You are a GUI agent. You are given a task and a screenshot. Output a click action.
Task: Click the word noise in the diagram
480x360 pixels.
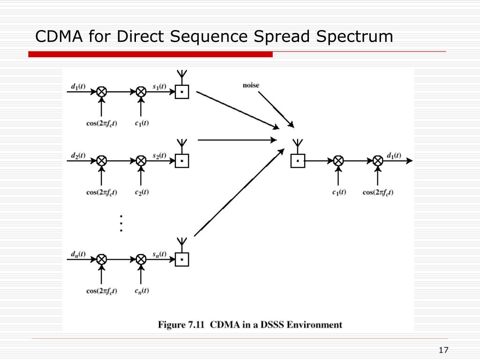pyautogui.click(x=251, y=85)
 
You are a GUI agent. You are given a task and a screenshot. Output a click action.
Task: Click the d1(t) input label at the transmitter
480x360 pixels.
pyautogui.click(x=78, y=87)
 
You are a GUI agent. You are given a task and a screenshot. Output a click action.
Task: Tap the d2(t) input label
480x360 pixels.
pyautogui.click(x=78, y=156)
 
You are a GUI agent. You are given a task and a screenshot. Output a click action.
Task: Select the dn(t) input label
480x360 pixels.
pyautogui.click(x=78, y=254)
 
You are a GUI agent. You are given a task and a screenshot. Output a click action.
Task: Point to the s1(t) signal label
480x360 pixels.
pyautogui.click(x=159, y=86)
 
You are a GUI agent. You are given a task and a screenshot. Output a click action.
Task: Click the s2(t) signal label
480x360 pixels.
pyautogui.click(x=159, y=156)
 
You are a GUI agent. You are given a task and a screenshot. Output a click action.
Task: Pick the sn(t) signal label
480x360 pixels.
pyautogui.click(x=159, y=254)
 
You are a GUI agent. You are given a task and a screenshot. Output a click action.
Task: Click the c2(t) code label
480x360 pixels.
pyautogui.click(x=142, y=192)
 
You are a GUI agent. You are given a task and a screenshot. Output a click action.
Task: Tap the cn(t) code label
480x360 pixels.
pyautogui.click(x=142, y=291)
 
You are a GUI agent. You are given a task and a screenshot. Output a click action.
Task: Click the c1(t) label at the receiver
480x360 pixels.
pyautogui.click(x=339, y=192)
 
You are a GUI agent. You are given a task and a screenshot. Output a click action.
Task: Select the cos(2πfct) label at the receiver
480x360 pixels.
pyautogui.click(x=378, y=192)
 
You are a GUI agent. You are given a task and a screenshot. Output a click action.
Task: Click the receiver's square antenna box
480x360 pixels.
pyautogui.click(x=298, y=161)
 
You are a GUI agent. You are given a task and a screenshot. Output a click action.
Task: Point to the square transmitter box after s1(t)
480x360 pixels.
pyautogui.click(x=182, y=92)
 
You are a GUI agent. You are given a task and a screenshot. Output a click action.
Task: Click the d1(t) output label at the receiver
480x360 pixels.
pyautogui.click(x=394, y=156)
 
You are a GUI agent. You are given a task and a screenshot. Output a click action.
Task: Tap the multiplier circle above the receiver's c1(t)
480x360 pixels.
pyautogui.click(x=338, y=160)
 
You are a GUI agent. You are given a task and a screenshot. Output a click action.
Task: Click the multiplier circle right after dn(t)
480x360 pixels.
pyautogui.click(x=102, y=259)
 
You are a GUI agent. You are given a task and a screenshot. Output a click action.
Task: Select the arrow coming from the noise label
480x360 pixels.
pyautogui.click(x=276, y=109)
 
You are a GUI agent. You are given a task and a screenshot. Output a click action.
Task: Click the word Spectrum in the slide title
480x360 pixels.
pyautogui.click(x=354, y=37)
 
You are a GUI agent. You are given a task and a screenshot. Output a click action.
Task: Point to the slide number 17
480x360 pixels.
pyautogui.click(x=443, y=350)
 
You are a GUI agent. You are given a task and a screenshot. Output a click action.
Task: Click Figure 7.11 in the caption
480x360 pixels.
pyautogui.click(x=181, y=324)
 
